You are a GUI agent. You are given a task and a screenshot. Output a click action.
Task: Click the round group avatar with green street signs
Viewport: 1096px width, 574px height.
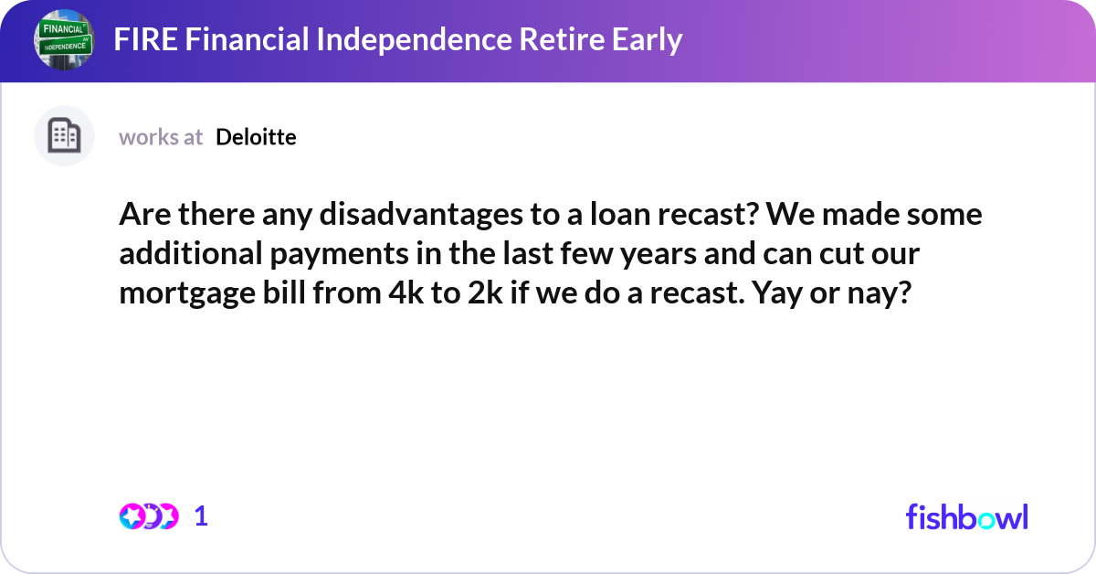coord(64,39)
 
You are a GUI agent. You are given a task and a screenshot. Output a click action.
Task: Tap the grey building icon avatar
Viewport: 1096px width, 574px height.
coord(64,136)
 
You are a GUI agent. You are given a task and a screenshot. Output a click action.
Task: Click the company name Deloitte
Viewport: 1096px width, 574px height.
coord(256,137)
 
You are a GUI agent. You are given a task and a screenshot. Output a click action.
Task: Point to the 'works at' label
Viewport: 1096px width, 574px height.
coord(161,137)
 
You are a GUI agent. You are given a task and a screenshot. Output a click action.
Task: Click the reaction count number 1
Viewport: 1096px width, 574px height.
coord(201,516)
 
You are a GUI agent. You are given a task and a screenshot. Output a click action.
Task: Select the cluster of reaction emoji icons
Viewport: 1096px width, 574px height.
coord(148,516)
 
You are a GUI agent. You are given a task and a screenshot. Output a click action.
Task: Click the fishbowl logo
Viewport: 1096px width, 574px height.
coord(966,516)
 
